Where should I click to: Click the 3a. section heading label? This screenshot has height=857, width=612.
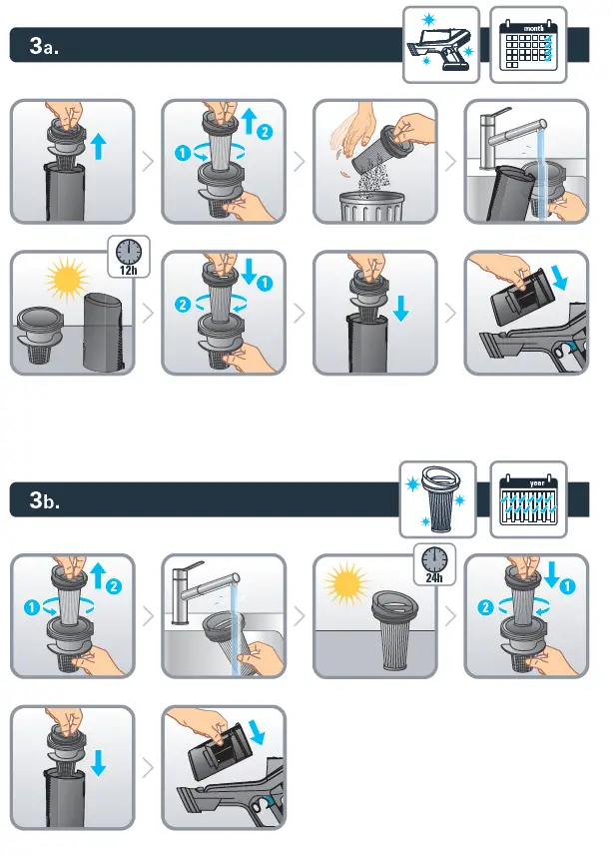click(x=44, y=46)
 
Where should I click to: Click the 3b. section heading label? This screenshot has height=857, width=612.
click(x=44, y=500)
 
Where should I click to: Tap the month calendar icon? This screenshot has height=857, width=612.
click(x=528, y=45)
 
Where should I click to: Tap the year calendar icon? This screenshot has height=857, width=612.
click(x=528, y=499)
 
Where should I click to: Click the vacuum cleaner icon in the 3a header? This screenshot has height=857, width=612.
click(x=441, y=45)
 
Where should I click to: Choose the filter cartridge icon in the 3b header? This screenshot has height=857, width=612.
click(x=437, y=499)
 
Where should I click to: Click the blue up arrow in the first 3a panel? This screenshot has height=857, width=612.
click(x=99, y=147)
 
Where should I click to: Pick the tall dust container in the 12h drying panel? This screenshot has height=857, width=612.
click(x=108, y=332)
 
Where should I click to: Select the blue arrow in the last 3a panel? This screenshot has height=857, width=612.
click(x=560, y=277)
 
